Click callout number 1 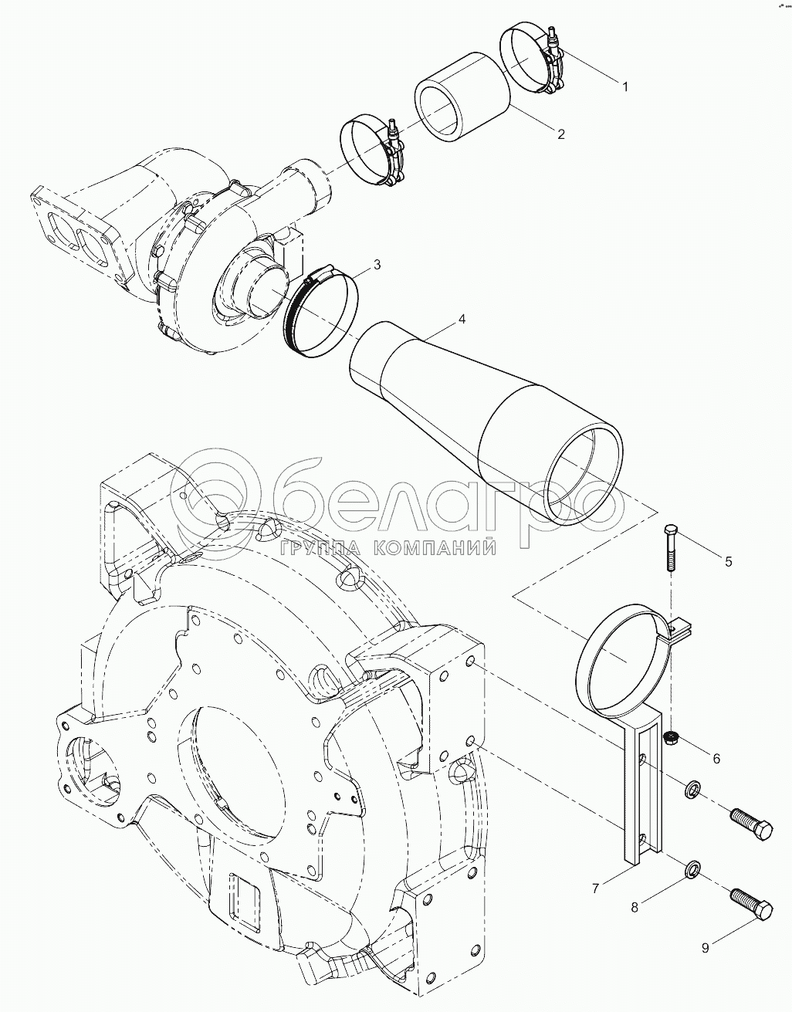[625, 86]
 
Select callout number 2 [561, 134]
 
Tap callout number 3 [377, 265]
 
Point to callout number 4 [462, 318]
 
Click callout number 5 [728, 561]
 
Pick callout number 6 [716, 759]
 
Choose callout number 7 [596, 888]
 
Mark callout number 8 [635, 908]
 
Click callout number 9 [705, 949]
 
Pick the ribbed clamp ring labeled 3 [322, 313]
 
